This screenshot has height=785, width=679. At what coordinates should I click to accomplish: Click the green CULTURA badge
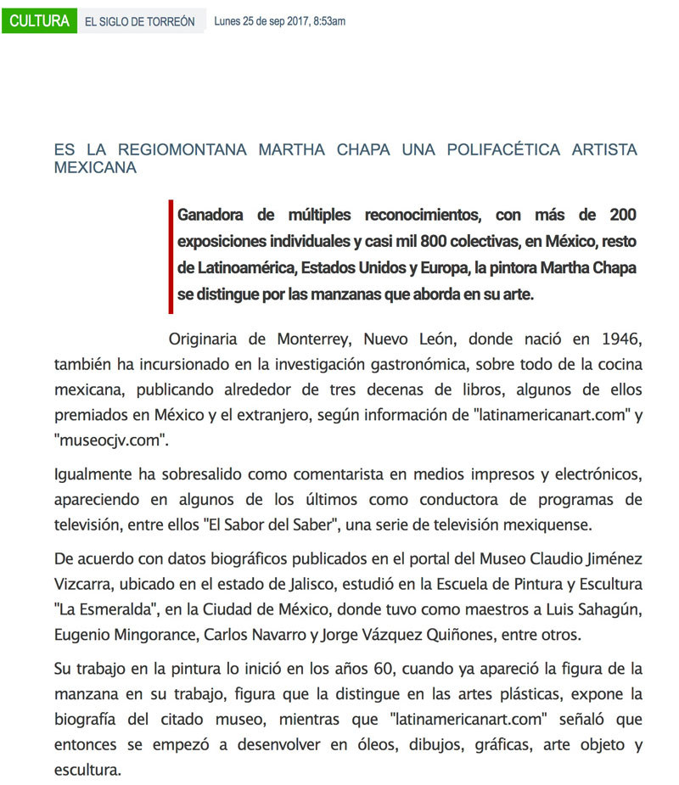coord(40,20)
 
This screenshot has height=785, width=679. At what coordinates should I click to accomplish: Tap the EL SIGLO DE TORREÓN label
coord(139,21)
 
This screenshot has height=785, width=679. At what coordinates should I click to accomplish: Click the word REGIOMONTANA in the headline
coord(177,150)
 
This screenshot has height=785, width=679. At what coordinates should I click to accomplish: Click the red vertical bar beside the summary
coord(171,257)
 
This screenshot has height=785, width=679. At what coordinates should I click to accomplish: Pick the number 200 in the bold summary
coord(616,215)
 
